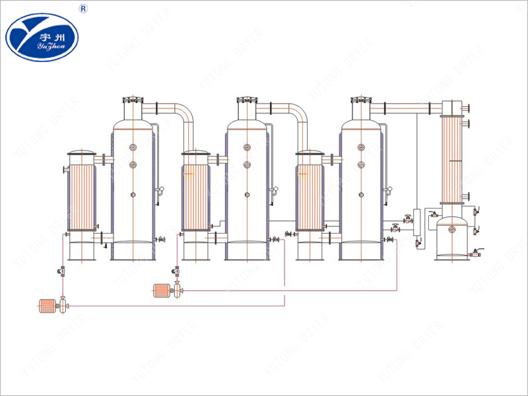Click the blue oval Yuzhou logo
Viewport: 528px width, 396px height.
[42, 36]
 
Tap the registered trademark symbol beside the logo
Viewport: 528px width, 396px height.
[82, 9]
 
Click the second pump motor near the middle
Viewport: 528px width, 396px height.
[161, 289]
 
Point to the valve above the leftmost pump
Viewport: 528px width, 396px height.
[61, 271]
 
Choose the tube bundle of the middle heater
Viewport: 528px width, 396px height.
[195, 195]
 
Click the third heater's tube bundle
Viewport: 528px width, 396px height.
[310, 195]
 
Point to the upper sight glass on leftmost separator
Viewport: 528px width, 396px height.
[133, 147]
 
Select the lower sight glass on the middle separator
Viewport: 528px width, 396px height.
[247, 164]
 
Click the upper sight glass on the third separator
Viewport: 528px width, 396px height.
[361, 147]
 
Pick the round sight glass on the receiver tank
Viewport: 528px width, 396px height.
[452, 229]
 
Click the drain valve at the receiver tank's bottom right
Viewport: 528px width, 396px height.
[475, 253]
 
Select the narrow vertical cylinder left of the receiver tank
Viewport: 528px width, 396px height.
[416, 220]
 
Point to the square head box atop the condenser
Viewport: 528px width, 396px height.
[451, 107]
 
